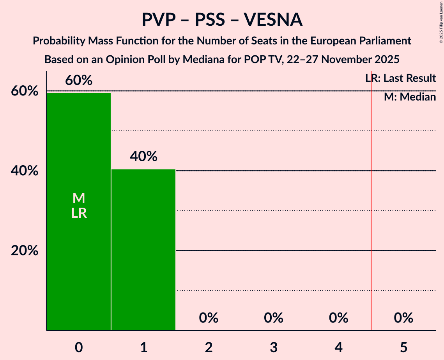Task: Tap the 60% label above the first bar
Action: (79, 80)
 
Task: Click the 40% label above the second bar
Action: (143, 157)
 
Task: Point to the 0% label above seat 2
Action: (209, 318)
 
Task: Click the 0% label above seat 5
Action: (403, 318)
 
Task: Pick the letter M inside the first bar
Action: (79, 198)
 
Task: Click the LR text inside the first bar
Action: (79, 213)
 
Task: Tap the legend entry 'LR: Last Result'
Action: (401, 78)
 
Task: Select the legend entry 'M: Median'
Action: (410, 97)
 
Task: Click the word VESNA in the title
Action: (273, 19)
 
